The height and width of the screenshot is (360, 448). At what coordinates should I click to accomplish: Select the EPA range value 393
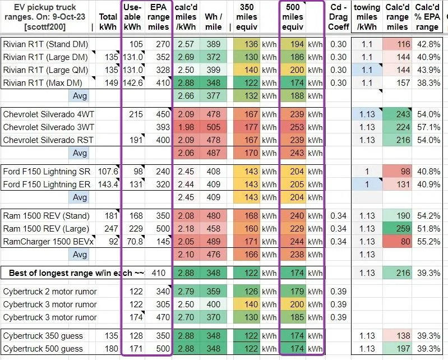coord(161,127)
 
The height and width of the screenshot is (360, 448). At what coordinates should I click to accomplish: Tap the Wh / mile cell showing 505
coord(213,127)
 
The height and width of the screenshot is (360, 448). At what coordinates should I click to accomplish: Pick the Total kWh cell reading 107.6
coord(108,172)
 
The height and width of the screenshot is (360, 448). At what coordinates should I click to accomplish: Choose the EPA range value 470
coord(161,317)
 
